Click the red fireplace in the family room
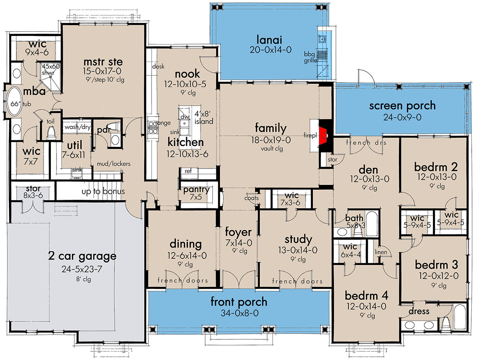click(323, 134)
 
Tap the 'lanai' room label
click(269, 40)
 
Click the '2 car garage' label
click(82, 256)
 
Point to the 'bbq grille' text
click(310, 57)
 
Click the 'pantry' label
click(196, 190)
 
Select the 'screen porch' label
click(402, 106)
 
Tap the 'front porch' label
click(238, 301)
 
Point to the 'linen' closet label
click(381, 252)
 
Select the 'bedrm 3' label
click(436, 265)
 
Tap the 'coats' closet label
click(251, 198)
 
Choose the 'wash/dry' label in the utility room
click(77, 127)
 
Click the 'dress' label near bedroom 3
click(419, 311)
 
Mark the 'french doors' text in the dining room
click(183, 281)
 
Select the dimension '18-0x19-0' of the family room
click(270, 140)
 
